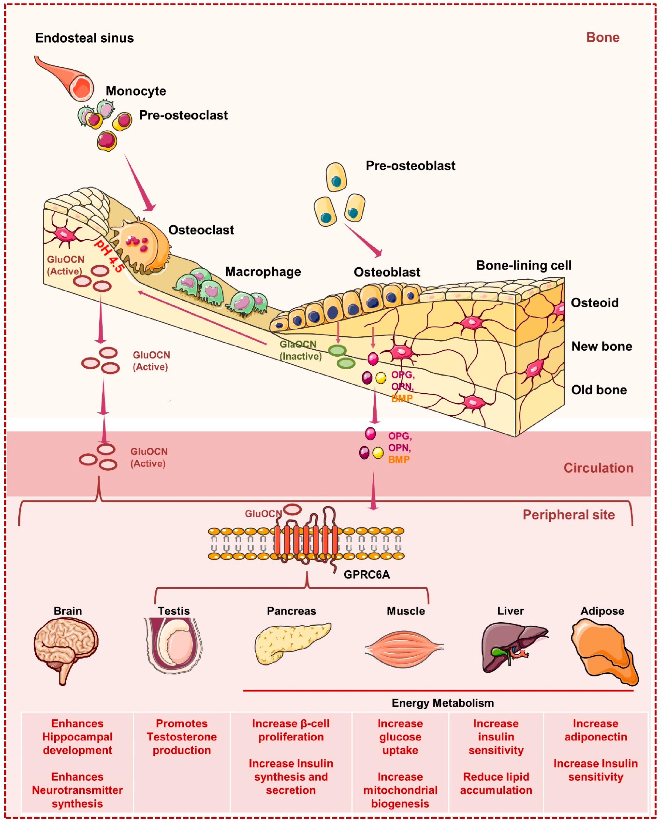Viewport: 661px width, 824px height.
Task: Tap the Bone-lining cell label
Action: [523, 265]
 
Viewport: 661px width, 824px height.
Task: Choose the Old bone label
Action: [599, 390]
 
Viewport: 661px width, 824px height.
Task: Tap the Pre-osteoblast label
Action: [410, 165]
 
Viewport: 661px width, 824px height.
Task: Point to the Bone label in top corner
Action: [602, 37]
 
